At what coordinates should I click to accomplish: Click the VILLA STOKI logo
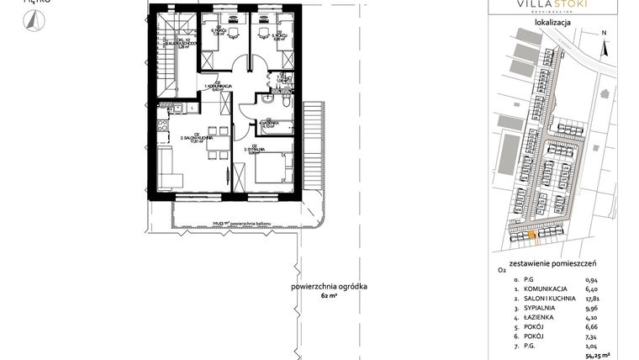(x=552, y=7)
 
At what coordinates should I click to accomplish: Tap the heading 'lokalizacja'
(x=552, y=24)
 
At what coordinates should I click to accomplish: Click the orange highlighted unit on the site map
(x=533, y=235)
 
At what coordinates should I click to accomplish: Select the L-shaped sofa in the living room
(x=166, y=167)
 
